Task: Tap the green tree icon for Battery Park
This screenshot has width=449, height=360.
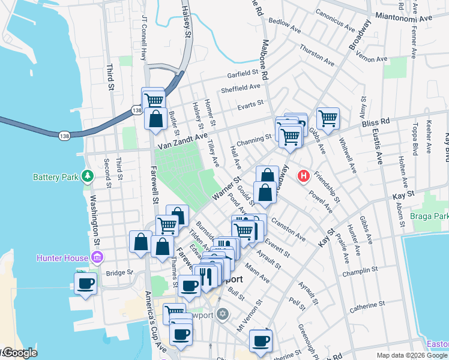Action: [x=88, y=176]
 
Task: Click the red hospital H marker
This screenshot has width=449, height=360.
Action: [x=304, y=176]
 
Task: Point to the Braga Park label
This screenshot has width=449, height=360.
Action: [x=429, y=216]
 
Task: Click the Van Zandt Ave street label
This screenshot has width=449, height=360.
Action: [x=182, y=142]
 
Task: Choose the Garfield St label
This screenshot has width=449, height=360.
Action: [x=247, y=75]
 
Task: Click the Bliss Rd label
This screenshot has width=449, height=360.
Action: [x=376, y=122]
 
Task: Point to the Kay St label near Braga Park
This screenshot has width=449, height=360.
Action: [x=403, y=196]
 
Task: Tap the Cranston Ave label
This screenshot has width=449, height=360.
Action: [x=289, y=229]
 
